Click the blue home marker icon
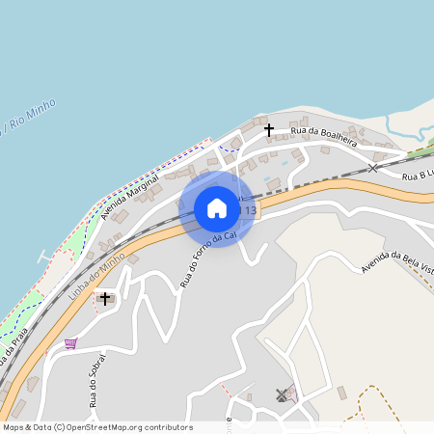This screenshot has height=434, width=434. tap(217, 208)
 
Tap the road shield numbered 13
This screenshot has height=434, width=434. tap(251, 210)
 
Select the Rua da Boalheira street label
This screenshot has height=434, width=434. tap(324, 136)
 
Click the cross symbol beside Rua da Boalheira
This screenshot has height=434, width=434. tap(269, 128)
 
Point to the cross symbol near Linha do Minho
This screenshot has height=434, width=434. tap(104, 299)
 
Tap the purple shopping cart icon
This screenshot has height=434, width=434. tap(70, 342)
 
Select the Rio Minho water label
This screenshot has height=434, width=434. tap(31, 117)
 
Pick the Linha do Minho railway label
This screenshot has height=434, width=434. tap(97, 274)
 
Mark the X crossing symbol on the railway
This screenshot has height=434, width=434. tap(372, 168)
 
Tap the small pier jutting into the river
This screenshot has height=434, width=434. tap(42, 258)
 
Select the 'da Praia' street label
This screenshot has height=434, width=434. tap(11, 346)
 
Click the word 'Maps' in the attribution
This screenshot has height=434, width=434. tap(14, 427)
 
